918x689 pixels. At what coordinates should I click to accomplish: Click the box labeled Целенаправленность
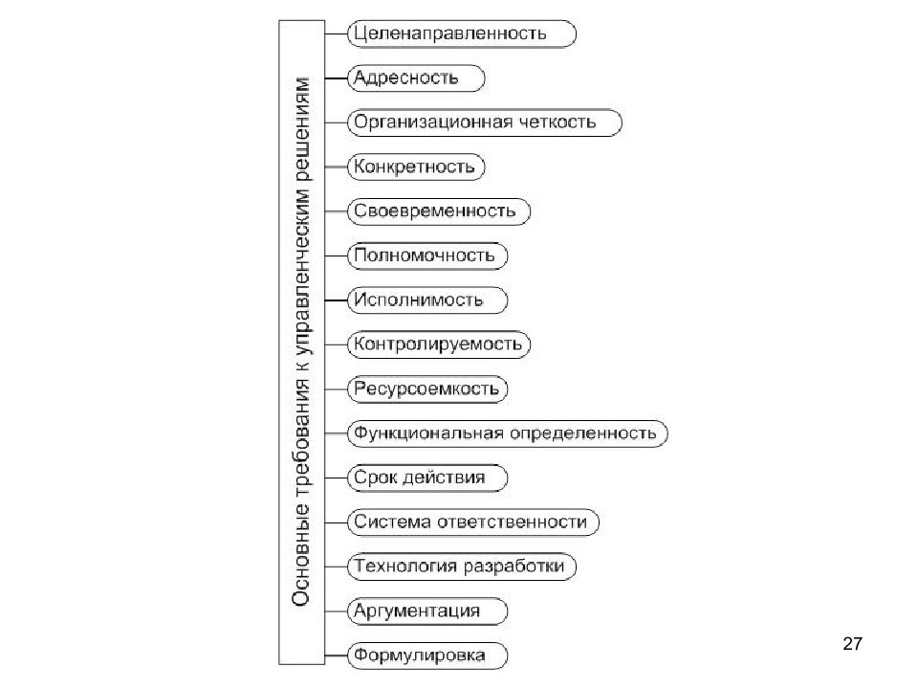pos(461,34)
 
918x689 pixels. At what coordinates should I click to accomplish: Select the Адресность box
pos(416,78)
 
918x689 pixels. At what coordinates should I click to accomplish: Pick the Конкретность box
pos(416,167)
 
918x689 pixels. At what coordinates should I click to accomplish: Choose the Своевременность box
pos(439,211)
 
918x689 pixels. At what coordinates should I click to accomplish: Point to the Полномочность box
pos(426,256)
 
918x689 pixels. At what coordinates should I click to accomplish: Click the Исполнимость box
pos(426,300)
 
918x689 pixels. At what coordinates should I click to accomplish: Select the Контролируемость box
pos(439,344)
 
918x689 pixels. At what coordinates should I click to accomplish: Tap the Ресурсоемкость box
pos(426,389)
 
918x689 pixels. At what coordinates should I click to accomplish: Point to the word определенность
pos(583,433)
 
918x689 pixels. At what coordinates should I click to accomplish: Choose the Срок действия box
pos(426,478)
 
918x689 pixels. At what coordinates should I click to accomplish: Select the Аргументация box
pos(426,611)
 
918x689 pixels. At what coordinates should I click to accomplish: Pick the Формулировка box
pos(426,656)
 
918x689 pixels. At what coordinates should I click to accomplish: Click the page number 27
pos(852,644)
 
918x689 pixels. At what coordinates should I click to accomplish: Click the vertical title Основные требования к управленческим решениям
pos(301,343)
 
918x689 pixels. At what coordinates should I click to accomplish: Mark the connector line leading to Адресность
pos(336,78)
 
